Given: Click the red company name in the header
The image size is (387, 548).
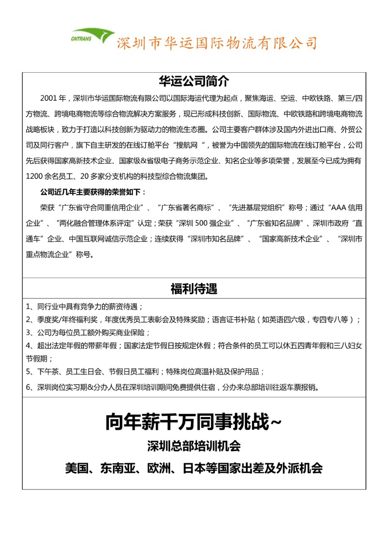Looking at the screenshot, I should click(x=217, y=43).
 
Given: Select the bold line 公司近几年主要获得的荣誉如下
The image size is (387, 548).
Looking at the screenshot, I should click(x=93, y=191).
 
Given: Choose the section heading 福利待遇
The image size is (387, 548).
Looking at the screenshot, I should click(x=194, y=289).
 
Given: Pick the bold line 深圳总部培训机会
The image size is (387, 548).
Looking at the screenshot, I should click(x=194, y=445).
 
